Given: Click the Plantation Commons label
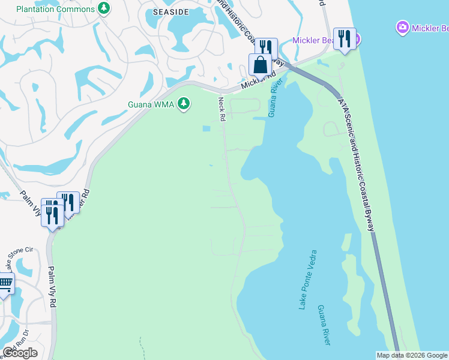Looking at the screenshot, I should pos(55,8).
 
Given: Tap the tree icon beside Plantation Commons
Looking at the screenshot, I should pos(104,8).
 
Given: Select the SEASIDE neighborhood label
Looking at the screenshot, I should pos(172,12).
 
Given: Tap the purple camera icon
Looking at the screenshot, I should pos(403,27).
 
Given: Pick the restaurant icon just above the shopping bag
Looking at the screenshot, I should pos(266,47).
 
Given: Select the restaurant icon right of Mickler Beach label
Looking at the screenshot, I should pos(344,38).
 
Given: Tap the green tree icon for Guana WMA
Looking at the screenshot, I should pos(184,104).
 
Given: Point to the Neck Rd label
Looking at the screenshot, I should pos(221,109).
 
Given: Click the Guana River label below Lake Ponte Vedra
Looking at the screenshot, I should pos(324,324).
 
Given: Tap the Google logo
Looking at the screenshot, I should pos(20,353).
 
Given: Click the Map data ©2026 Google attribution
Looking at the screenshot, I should pos(412,355).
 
